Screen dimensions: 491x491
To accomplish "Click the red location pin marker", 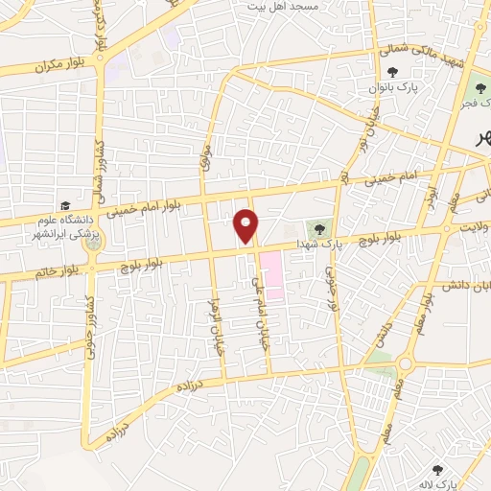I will point(246,225).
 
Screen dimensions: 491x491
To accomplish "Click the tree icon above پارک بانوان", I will point(391,72).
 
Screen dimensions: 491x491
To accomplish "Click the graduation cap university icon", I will point(65,205).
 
